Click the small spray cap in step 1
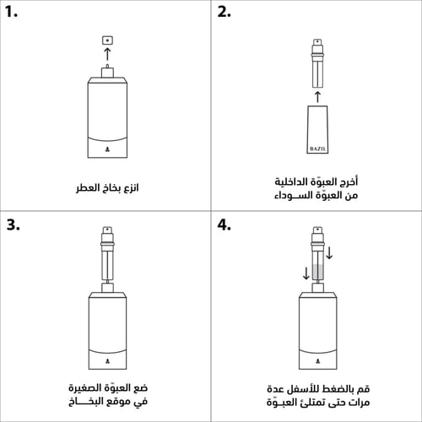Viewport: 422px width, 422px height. pyautogui.click(x=106, y=40)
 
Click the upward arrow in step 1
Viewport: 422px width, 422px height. pyautogui.click(x=106, y=55)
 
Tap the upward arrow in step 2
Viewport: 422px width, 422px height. pyautogui.click(x=317, y=95)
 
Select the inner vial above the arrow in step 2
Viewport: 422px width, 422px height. pyautogui.click(x=317, y=63)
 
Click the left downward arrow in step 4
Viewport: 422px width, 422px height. pyautogui.click(x=306, y=273)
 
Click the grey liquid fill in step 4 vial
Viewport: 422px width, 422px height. pyautogui.click(x=317, y=273)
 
